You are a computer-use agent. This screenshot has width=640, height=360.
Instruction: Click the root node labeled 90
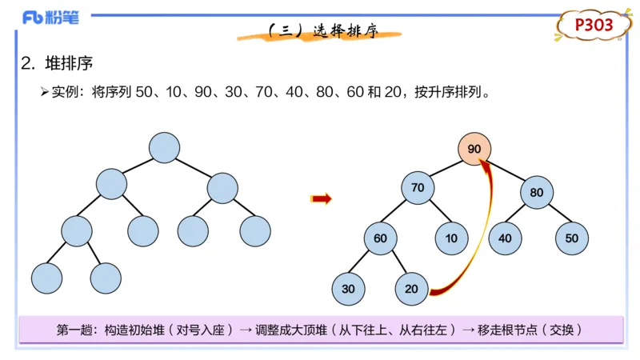pyautogui.click(x=474, y=149)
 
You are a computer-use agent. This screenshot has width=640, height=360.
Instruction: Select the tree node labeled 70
pyautogui.click(x=418, y=188)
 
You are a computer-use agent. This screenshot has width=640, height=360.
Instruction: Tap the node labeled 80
pyautogui.click(x=536, y=192)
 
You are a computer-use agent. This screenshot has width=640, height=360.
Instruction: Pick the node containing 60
pyautogui.click(x=380, y=238)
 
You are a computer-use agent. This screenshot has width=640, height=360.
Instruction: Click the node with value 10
pyautogui.click(x=452, y=238)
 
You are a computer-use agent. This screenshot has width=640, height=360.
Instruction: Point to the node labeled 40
pyautogui.click(x=505, y=238)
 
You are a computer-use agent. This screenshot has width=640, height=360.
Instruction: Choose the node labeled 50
pyautogui.click(x=571, y=238)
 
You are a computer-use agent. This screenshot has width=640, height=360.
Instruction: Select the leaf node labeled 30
pyautogui.click(x=348, y=288)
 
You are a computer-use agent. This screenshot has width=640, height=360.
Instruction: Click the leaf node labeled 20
pyautogui.click(x=411, y=288)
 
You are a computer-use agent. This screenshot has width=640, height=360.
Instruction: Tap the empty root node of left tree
pyautogui.click(x=164, y=147)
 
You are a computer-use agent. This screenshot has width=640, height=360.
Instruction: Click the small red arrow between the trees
pyautogui.click(x=322, y=199)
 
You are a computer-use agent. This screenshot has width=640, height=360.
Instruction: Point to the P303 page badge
pyautogui.click(x=594, y=26)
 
